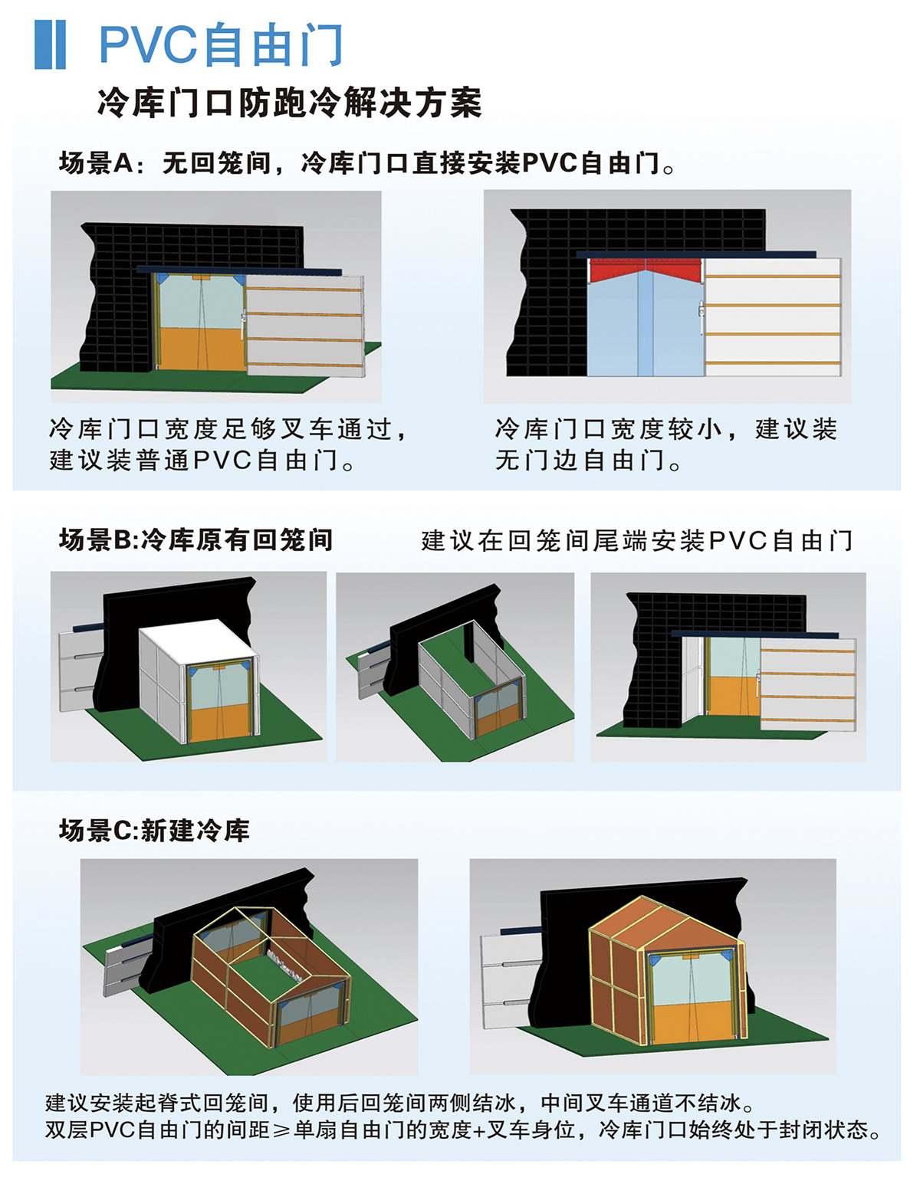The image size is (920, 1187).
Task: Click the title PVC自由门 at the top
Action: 222,44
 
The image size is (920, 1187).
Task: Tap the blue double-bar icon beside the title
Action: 51,44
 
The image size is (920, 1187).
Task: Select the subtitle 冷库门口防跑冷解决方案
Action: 290,102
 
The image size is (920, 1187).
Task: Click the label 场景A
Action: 96,162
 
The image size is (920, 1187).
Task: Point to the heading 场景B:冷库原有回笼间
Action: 195,540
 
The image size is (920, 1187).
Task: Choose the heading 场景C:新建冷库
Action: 154,831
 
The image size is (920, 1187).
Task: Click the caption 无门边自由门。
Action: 588,460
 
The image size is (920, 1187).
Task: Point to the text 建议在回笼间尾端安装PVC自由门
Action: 637,541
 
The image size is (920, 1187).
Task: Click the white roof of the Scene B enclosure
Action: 198,638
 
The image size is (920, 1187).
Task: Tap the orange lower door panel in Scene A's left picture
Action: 201,349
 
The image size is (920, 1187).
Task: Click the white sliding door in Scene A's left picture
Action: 305,326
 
